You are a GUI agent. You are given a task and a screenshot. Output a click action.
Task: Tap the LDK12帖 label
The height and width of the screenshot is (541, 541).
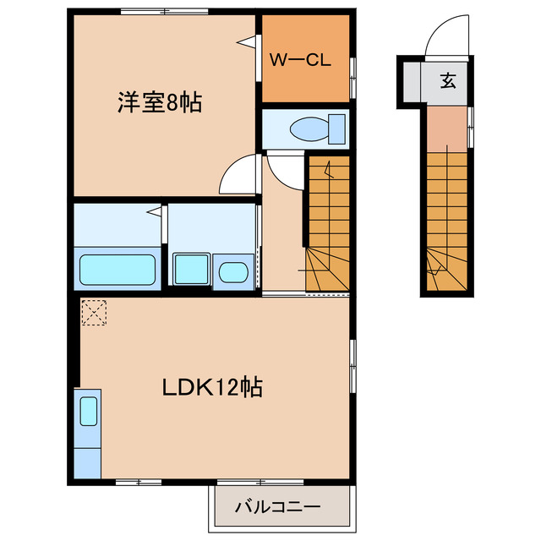[x=212, y=388]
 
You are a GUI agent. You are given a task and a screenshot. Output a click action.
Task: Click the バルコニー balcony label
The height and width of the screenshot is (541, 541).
[x=277, y=507]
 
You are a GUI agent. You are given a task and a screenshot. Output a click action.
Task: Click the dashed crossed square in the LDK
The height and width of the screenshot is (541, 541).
[x=94, y=313]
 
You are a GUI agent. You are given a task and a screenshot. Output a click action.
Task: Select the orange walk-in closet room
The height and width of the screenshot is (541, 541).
[x=304, y=57]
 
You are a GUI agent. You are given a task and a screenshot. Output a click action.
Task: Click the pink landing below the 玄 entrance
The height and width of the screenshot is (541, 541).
[x=445, y=128]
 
